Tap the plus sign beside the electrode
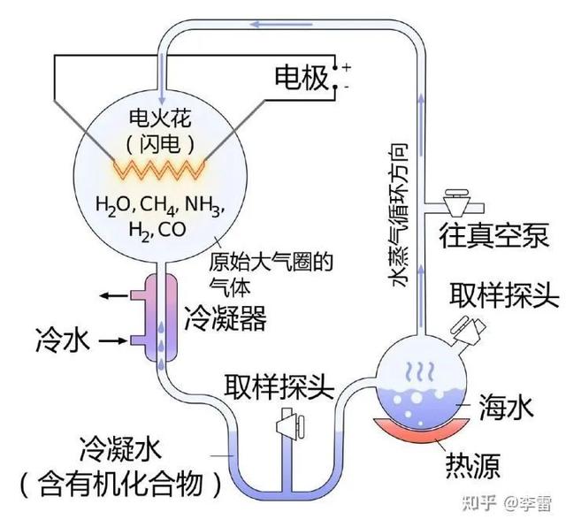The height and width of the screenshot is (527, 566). point(346,67)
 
